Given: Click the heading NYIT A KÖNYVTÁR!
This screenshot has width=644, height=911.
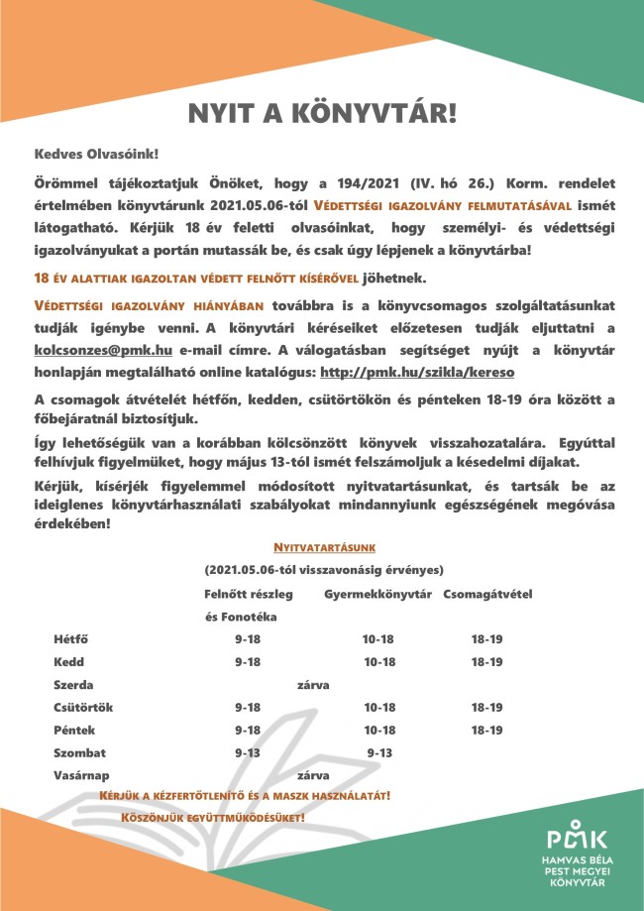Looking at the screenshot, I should click(322, 113).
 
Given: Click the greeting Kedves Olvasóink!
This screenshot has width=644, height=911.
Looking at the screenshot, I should click(96, 156).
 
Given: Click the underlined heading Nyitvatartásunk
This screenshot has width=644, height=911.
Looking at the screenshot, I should click(324, 547).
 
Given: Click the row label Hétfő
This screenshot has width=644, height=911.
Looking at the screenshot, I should click(70, 639).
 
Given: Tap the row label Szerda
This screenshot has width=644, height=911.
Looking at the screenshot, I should click(73, 685).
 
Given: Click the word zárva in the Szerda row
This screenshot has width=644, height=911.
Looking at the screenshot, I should click(313, 685).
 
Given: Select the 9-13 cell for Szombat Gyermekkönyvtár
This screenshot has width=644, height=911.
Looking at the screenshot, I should click(379, 752).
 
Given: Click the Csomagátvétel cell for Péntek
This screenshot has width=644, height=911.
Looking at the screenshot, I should click(486, 730).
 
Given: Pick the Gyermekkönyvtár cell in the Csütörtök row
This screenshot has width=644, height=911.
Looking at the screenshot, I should click(379, 707).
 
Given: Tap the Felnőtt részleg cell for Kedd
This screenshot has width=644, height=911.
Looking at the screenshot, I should click(248, 662).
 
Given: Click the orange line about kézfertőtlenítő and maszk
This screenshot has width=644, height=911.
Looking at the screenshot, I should click(246, 796).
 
